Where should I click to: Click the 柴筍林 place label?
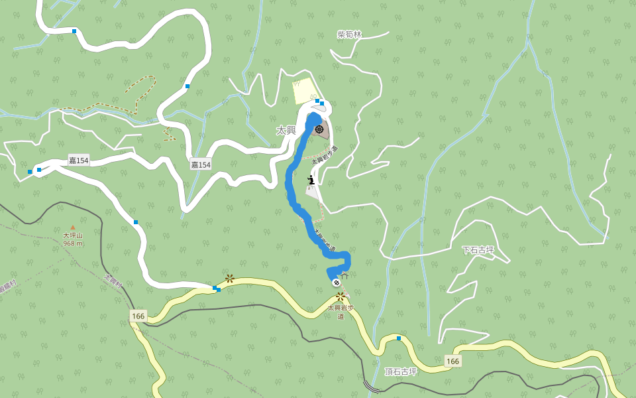coord(349,34)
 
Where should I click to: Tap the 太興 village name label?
coord(286,131)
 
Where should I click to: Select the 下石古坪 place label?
coord(478,250)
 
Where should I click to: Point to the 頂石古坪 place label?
coord(401,371)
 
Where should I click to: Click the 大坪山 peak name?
coord(73,235)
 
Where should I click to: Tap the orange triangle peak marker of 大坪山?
coord(73,228)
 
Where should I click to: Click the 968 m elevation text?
coord(73,243)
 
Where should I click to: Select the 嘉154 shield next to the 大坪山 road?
coord(79,161)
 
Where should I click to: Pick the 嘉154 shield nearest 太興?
coord(201,165)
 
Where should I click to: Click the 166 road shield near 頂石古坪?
coord(452,362)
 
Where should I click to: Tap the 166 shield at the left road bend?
coord(138,316)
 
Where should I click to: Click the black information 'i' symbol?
coord(311,180)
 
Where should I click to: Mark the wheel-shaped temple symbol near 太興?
coord(319,129)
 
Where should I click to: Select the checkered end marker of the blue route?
coord(337,283)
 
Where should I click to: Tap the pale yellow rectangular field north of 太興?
coord(305,92)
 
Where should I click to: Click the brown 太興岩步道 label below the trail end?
coord(341,312)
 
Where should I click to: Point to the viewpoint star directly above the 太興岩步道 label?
coord(340,297)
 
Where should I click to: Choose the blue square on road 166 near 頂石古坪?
coord(399,338)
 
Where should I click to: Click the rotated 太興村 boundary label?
coord(113,281)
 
